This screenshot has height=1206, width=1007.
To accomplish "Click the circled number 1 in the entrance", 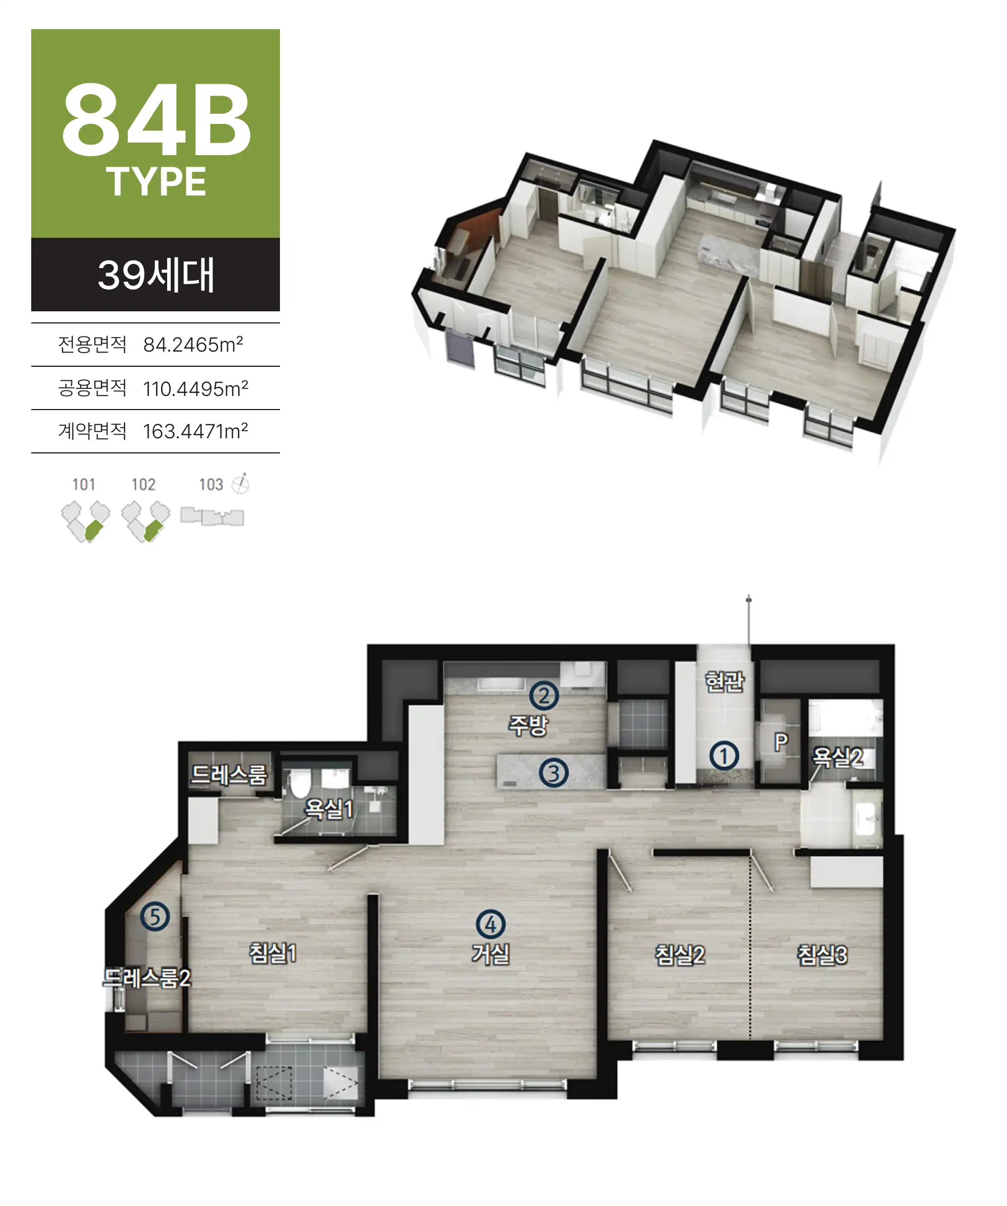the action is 724,756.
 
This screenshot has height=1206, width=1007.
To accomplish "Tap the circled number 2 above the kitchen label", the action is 543,696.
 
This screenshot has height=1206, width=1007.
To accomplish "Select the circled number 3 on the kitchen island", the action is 553,773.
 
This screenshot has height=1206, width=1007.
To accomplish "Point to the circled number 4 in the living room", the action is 490,924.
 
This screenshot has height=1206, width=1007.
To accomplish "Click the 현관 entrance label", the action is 724,682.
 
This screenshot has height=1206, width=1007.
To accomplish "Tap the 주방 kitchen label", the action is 528,725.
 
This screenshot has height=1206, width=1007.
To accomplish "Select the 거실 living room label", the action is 490,954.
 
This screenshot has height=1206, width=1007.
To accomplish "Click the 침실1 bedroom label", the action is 273,953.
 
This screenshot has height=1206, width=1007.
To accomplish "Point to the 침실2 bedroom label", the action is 680,955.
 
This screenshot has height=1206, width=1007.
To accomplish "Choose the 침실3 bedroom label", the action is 822,955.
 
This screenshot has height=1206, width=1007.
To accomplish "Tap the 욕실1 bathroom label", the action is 328,809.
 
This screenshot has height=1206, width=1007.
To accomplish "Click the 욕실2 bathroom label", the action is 838,757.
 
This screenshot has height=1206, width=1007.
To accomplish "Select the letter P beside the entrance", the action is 780,742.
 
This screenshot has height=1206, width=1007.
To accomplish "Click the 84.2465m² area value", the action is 193,344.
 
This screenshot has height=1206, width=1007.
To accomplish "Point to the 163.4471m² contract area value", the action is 195,431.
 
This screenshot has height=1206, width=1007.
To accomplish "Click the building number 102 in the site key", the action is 143,484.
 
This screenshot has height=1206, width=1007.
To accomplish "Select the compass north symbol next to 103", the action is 241,484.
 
